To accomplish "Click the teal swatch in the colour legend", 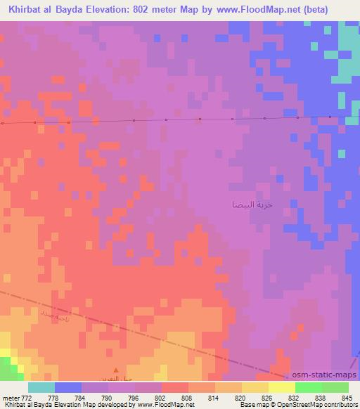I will click(41, 387).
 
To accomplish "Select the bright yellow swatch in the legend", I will click(281, 387).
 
